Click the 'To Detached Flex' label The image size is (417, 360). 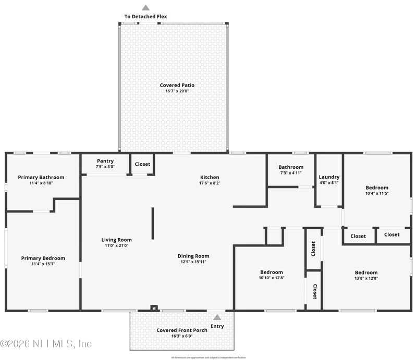click(x=145, y=17)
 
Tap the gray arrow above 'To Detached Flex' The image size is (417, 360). click(x=146, y=8)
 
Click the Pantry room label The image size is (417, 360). click(x=105, y=160)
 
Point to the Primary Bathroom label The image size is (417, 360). click(x=41, y=177)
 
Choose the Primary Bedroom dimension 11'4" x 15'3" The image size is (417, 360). click(x=43, y=264)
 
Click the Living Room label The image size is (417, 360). click(x=116, y=240)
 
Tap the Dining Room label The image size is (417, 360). click(x=193, y=256)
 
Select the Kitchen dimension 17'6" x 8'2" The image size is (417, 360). click(x=210, y=183)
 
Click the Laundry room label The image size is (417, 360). click(x=329, y=177)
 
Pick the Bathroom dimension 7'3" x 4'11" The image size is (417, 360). click(x=290, y=173)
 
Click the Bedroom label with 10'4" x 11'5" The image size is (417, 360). click(x=376, y=188)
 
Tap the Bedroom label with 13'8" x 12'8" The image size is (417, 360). click(x=366, y=272)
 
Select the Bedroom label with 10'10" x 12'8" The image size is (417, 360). click(x=272, y=272)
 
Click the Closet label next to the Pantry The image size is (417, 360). click(x=142, y=164)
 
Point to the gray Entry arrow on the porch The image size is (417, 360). click(x=217, y=317)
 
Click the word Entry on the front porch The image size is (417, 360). click(x=217, y=326)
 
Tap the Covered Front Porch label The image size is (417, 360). click(x=182, y=330)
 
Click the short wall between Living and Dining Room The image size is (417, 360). click(x=153, y=224)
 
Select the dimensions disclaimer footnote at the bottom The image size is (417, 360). click(x=208, y=357)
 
